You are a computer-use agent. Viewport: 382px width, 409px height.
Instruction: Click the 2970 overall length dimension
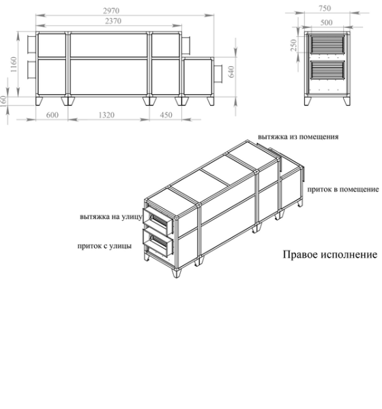[110, 11]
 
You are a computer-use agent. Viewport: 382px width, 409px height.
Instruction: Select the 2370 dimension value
[110, 22]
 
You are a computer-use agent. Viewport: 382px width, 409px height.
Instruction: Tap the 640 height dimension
[233, 72]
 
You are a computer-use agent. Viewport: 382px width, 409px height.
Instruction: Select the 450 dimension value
[166, 116]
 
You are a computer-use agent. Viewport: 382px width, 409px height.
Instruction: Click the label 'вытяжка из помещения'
[298, 136]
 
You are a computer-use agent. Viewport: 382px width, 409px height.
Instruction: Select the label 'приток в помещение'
[343, 188]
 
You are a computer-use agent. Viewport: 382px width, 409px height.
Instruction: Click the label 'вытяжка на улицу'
[110, 217]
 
